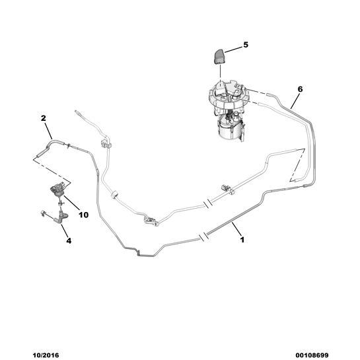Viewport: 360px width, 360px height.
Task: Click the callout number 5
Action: click(x=246, y=45)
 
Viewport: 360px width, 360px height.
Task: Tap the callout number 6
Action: click(x=300, y=89)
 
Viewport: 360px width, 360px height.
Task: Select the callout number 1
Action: click(x=242, y=240)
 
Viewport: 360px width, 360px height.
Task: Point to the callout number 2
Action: click(x=43, y=118)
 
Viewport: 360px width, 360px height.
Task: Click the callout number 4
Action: click(x=69, y=240)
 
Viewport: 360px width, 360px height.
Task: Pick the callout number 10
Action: click(x=83, y=215)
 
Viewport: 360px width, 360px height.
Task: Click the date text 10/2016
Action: click(x=46, y=355)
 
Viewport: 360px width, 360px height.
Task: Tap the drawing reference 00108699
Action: click(x=312, y=355)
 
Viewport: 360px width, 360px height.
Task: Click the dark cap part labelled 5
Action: click(x=219, y=57)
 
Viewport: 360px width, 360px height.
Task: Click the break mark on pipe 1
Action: click(x=203, y=237)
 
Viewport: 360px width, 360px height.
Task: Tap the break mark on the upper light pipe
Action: click(x=207, y=204)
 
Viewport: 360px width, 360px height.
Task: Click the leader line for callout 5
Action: click(x=233, y=49)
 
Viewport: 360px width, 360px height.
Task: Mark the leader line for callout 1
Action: click(x=236, y=229)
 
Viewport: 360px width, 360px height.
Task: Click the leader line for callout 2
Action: click(x=48, y=131)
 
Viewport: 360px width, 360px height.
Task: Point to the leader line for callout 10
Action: click(x=71, y=203)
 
